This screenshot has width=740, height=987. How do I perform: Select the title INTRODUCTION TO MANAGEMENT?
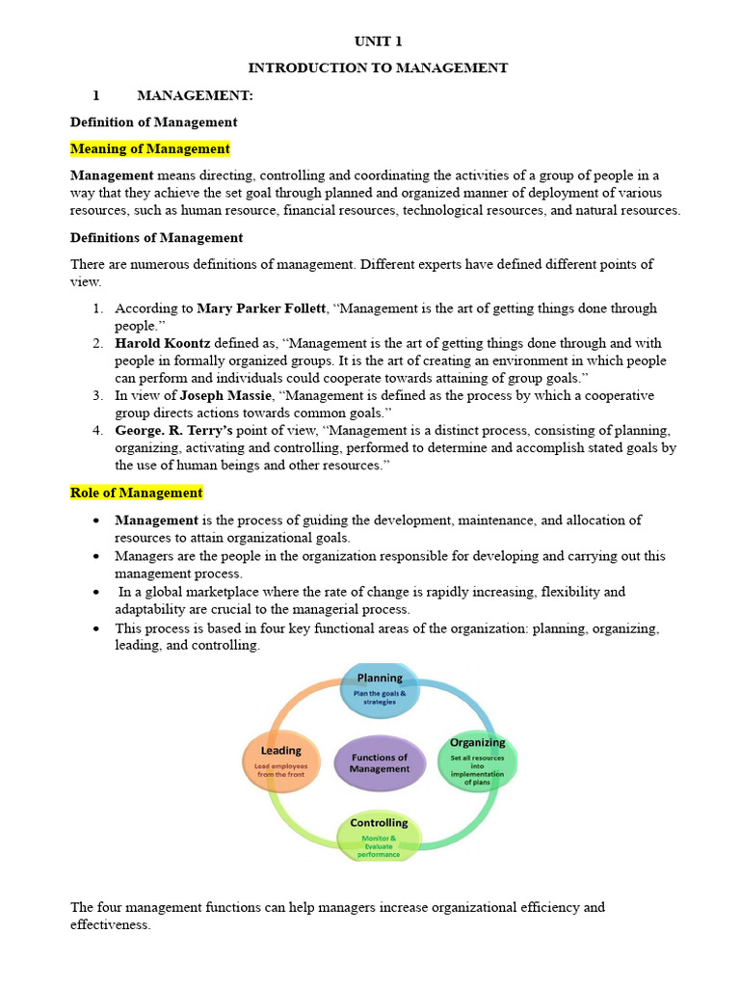click(x=378, y=68)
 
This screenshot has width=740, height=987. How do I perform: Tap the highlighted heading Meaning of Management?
click(x=150, y=148)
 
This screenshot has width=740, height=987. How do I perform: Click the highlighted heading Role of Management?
click(x=137, y=493)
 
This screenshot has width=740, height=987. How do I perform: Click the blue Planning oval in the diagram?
click(x=380, y=689)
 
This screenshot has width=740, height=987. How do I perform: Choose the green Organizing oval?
click(x=478, y=762)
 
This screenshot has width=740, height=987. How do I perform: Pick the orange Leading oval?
click(x=281, y=761)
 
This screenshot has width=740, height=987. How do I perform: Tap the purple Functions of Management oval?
click(x=380, y=762)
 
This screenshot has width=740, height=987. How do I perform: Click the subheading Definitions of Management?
click(x=156, y=237)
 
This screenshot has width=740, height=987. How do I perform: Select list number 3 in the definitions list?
click(x=98, y=396)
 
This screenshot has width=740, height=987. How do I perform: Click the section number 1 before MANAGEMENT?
click(x=96, y=95)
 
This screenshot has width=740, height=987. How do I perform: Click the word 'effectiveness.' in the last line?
click(x=111, y=925)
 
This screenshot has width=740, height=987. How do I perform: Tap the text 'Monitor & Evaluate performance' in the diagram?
click(x=379, y=846)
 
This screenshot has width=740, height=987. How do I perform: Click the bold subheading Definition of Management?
click(x=153, y=122)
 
